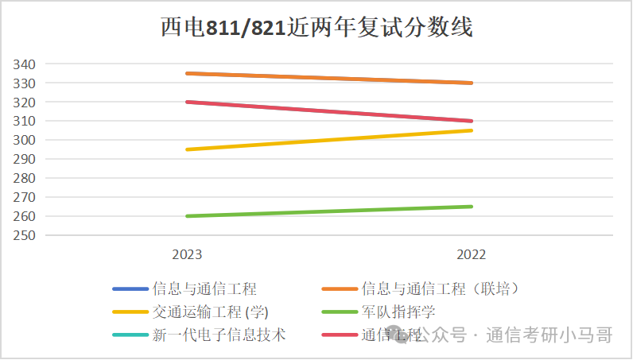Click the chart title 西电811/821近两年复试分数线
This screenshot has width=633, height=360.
pyautogui.click(x=316, y=28)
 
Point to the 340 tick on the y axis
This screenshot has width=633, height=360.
pyautogui.click(x=24, y=64)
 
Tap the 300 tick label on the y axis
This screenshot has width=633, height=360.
pyautogui.click(x=24, y=140)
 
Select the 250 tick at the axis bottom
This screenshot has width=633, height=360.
pyautogui.click(x=24, y=235)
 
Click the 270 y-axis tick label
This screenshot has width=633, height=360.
pyautogui.click(x=24, y=197)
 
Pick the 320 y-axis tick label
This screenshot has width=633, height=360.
pyautogui.click(x=24, y=102)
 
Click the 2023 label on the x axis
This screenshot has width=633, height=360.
pyautogui.click(x=187, y=254)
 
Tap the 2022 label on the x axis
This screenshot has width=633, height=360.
pyautogui.click(x=471, y=254)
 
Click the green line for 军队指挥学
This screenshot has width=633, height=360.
pyautogui.click(x=328, y=211)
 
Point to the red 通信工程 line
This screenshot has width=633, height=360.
pyautogui.click(x=328, y=111)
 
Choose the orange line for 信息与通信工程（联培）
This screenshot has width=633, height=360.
pyautogui.click(x=328, y=77)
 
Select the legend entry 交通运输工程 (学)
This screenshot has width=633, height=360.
pyautogui.click(x=215, y=312)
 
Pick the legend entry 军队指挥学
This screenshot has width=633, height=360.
pyautogui.click(x=398, y=312)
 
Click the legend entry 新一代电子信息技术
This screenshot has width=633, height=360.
pyautogui.click(x=219, y=335)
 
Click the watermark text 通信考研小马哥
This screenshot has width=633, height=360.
pyautogui.click(x=549, y=335)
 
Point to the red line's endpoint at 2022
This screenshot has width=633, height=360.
pyautogui.click(x=471, y=121)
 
